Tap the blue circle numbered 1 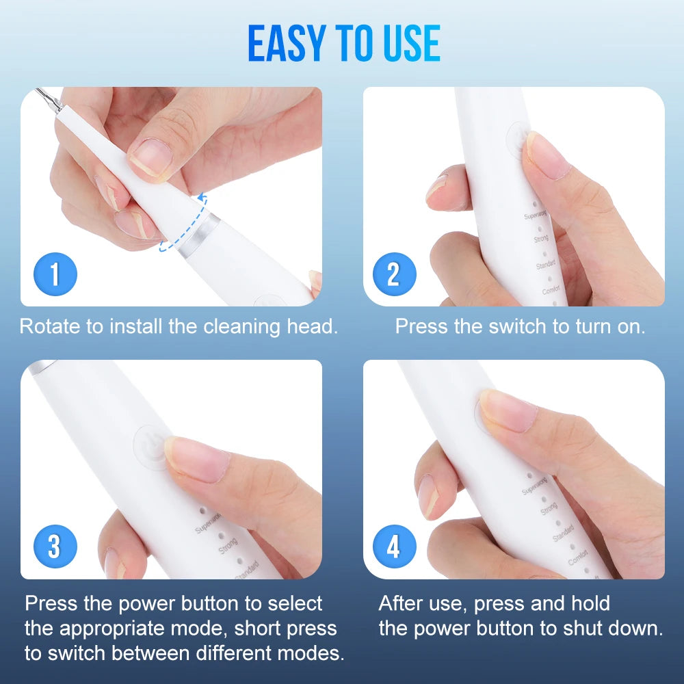pyautogui.click(x=55, y=274)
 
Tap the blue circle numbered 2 pyautogui.click(x=394, y=274)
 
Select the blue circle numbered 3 pyautogui.click(x=55, y=547)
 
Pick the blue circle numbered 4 pyautogui.click(x=394, y=547)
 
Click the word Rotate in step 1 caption pyautogui.click(x=49, y=326)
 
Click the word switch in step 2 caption pyautogui.click(x=519, y=326)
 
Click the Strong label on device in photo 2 pyautogui.click(x=540, y=239)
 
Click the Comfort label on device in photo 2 pyautogui.click(x=551, y=290)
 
